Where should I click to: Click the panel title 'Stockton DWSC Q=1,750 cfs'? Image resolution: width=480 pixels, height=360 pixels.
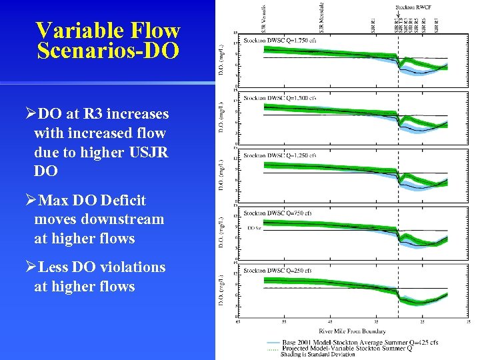(x=279, y=40)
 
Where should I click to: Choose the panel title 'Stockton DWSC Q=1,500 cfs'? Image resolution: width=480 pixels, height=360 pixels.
(x=279, y=98)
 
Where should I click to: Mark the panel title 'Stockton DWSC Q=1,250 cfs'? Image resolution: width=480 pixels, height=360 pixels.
(x=279, y=155)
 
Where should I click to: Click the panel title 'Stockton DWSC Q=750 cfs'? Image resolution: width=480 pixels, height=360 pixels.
(x=277, y=213)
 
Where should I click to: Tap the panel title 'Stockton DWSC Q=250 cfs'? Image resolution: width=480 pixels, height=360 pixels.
(x=277, y=271)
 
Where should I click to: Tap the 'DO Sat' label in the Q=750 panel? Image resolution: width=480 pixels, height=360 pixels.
(x=254, y=227)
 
